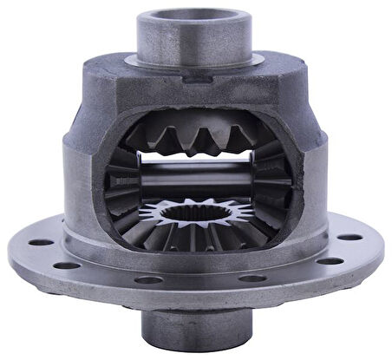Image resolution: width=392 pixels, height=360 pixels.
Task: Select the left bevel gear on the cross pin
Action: coord(121,182)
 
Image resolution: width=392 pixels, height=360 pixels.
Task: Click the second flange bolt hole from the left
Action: coord(67,265)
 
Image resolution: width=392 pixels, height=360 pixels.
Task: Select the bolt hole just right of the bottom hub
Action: coord(252,278)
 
